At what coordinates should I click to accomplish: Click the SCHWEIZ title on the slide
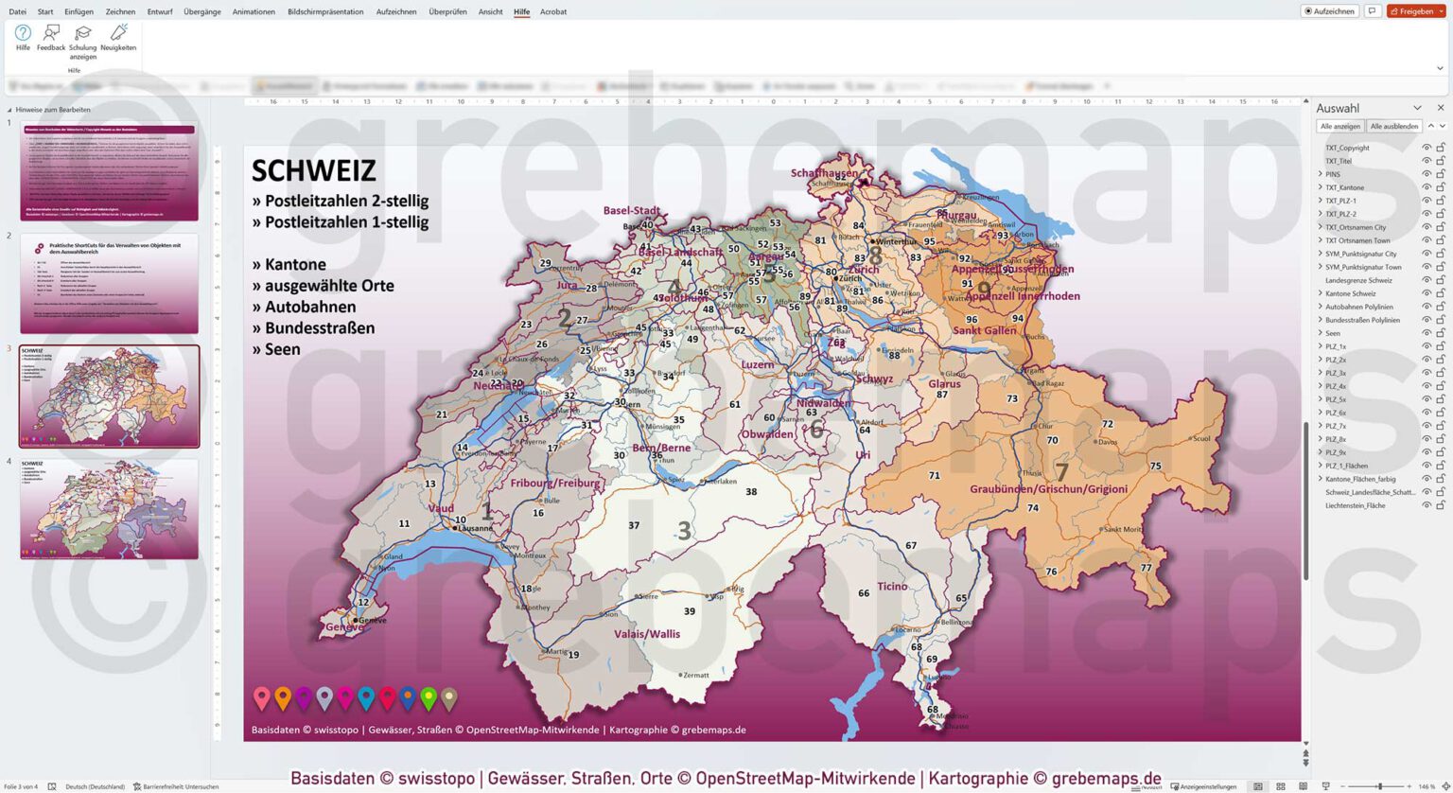tap(314, 171)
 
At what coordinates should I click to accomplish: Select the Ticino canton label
tap(891, 587)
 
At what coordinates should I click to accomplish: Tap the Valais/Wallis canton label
tap(647, 634)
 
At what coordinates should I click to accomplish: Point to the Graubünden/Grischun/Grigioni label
tap(1048, 489)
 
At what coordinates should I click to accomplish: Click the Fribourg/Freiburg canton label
tap(555, 483)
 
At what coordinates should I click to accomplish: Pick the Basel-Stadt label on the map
tap(631, 210)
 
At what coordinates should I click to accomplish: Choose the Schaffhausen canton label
tap(825, 173)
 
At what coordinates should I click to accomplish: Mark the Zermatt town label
tap(696, 675)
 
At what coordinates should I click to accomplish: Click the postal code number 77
tap(1147, 568)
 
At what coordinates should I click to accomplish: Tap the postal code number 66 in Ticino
tap(863, 593)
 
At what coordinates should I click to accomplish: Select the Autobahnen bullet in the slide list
tap(304, 307)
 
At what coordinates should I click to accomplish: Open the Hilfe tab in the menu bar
tap(521, 11)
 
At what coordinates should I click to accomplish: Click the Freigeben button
tap(1416, 11)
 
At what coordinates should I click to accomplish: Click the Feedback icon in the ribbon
tap(51, 38)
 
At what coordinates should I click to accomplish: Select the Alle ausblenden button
tap(1393, 126)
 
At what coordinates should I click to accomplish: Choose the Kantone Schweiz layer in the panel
tap(1350, 293)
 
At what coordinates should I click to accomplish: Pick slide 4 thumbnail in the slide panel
tap(109, 509)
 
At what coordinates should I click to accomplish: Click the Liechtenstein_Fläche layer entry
tap(1355, 505)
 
